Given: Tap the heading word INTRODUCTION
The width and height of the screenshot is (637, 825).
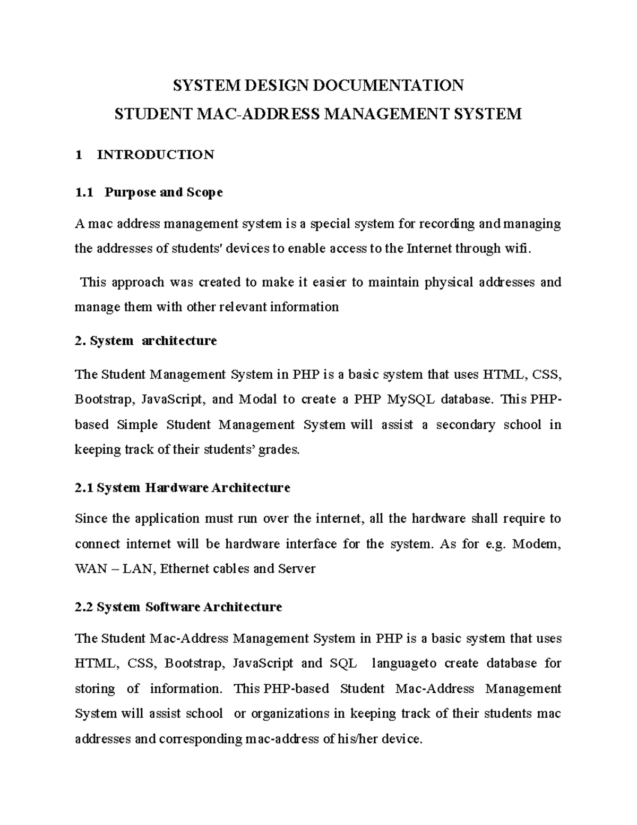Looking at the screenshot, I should pyautogui.click(x=156, y=155).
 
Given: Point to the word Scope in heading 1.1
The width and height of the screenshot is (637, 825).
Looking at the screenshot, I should pyautogui.click(x=204, y=192).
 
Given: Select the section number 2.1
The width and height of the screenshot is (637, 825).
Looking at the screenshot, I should pyautogui.click(x=85, y=488).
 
